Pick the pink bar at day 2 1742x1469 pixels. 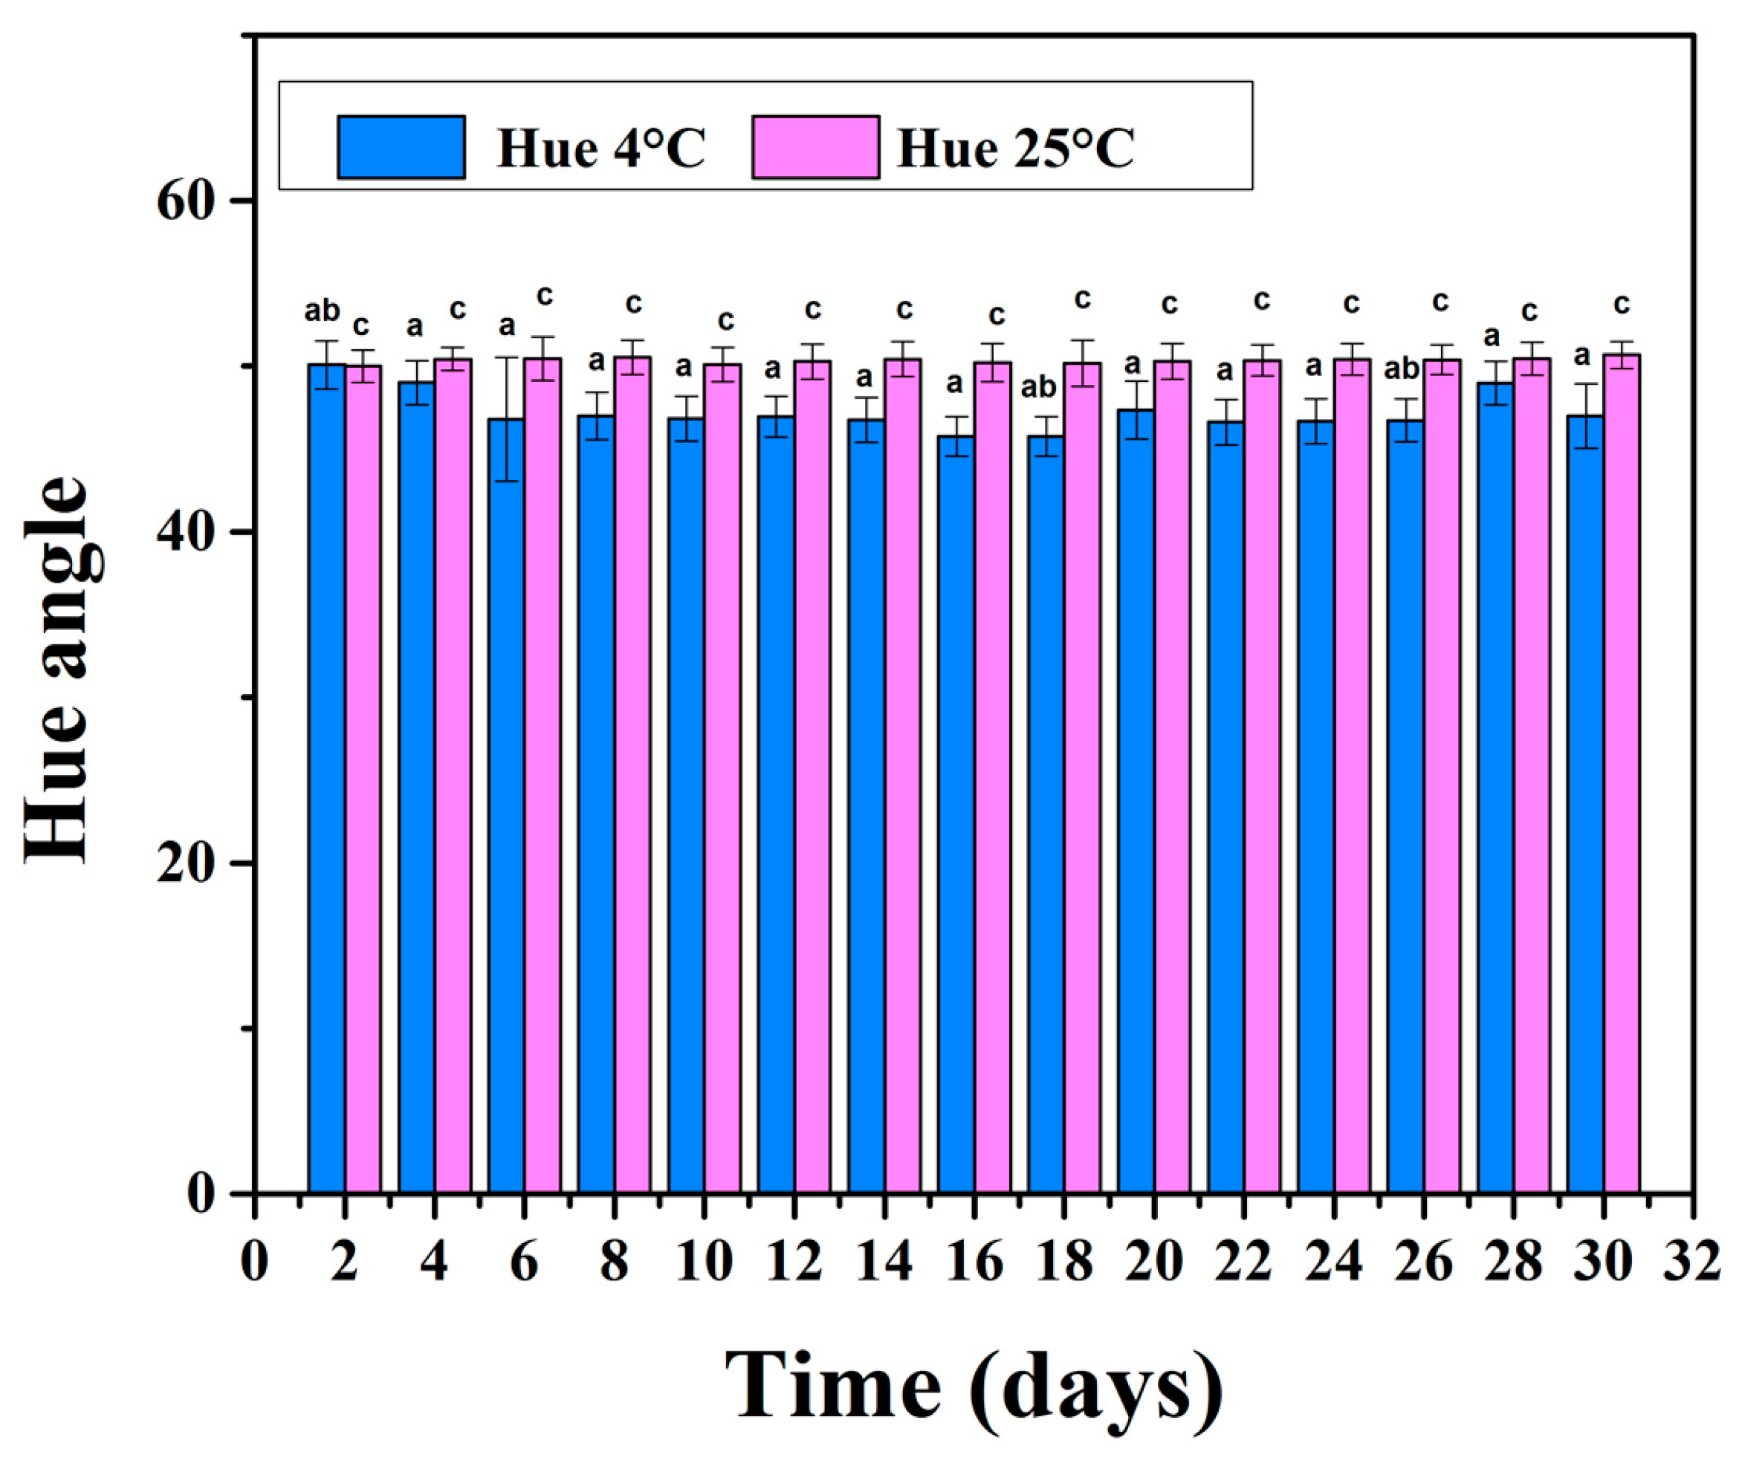364,778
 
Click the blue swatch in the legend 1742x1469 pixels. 401,147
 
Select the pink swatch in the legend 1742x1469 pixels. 815,147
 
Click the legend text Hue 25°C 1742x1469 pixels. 1015,149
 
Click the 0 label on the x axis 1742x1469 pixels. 254,1261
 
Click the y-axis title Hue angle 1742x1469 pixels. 56,670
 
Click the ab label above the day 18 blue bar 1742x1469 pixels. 1038,387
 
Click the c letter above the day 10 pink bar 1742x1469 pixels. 725,320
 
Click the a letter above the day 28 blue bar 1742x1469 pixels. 1492,337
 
